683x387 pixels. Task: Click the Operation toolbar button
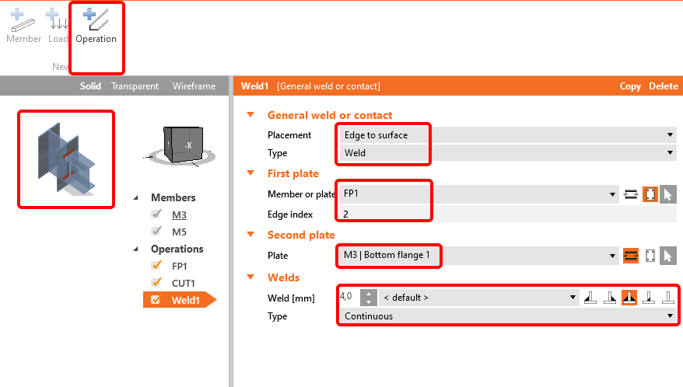(96, 26)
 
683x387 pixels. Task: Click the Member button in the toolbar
(23, 26)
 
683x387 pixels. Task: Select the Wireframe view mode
(194, 86)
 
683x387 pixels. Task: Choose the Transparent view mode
(135, 86)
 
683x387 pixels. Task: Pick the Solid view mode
(90, 86)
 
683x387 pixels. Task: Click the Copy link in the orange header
(630, 86)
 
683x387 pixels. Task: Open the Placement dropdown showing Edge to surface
(508, 135)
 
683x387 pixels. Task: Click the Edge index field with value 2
(508, 214)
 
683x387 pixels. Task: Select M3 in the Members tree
(179, 214)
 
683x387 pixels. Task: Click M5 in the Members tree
(179, 232)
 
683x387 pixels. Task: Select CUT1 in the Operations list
(183, 283)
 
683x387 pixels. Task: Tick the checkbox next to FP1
(156, 266)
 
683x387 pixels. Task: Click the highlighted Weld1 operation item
(180, 300)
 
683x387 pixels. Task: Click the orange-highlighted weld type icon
(629, 298)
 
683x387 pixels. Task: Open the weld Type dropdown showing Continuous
(508, 316)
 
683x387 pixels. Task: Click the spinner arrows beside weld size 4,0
(369, 298)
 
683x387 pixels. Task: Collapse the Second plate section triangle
(250, 235)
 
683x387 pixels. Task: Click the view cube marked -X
(183, 145)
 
